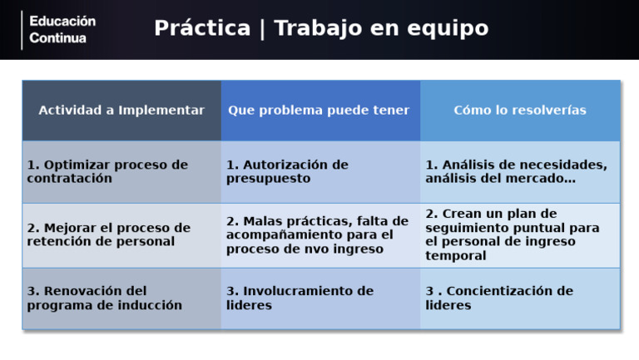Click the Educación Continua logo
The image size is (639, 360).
pos(62,30)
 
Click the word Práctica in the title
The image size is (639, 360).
pos(201,29)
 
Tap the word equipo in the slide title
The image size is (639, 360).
pos(448,29)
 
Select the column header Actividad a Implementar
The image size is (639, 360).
pos(121,111)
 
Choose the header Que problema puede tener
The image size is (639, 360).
pos(319,111)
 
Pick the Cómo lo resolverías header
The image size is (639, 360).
pos(520,111)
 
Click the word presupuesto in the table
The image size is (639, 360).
pos(268,180)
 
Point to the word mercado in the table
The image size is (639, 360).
pos(537,180)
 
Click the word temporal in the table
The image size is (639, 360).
pos(456,257)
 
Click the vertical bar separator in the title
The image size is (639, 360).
pos(262,29)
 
